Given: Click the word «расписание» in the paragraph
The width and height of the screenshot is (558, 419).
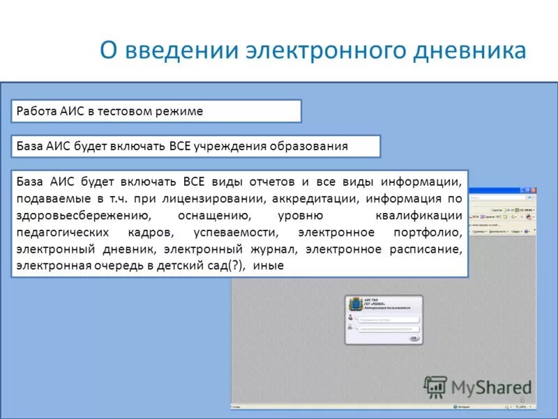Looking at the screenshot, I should pos(425,249).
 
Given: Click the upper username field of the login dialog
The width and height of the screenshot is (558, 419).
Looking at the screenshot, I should pos(389,319).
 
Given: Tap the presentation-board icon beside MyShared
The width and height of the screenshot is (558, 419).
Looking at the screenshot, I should pos(436,386).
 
